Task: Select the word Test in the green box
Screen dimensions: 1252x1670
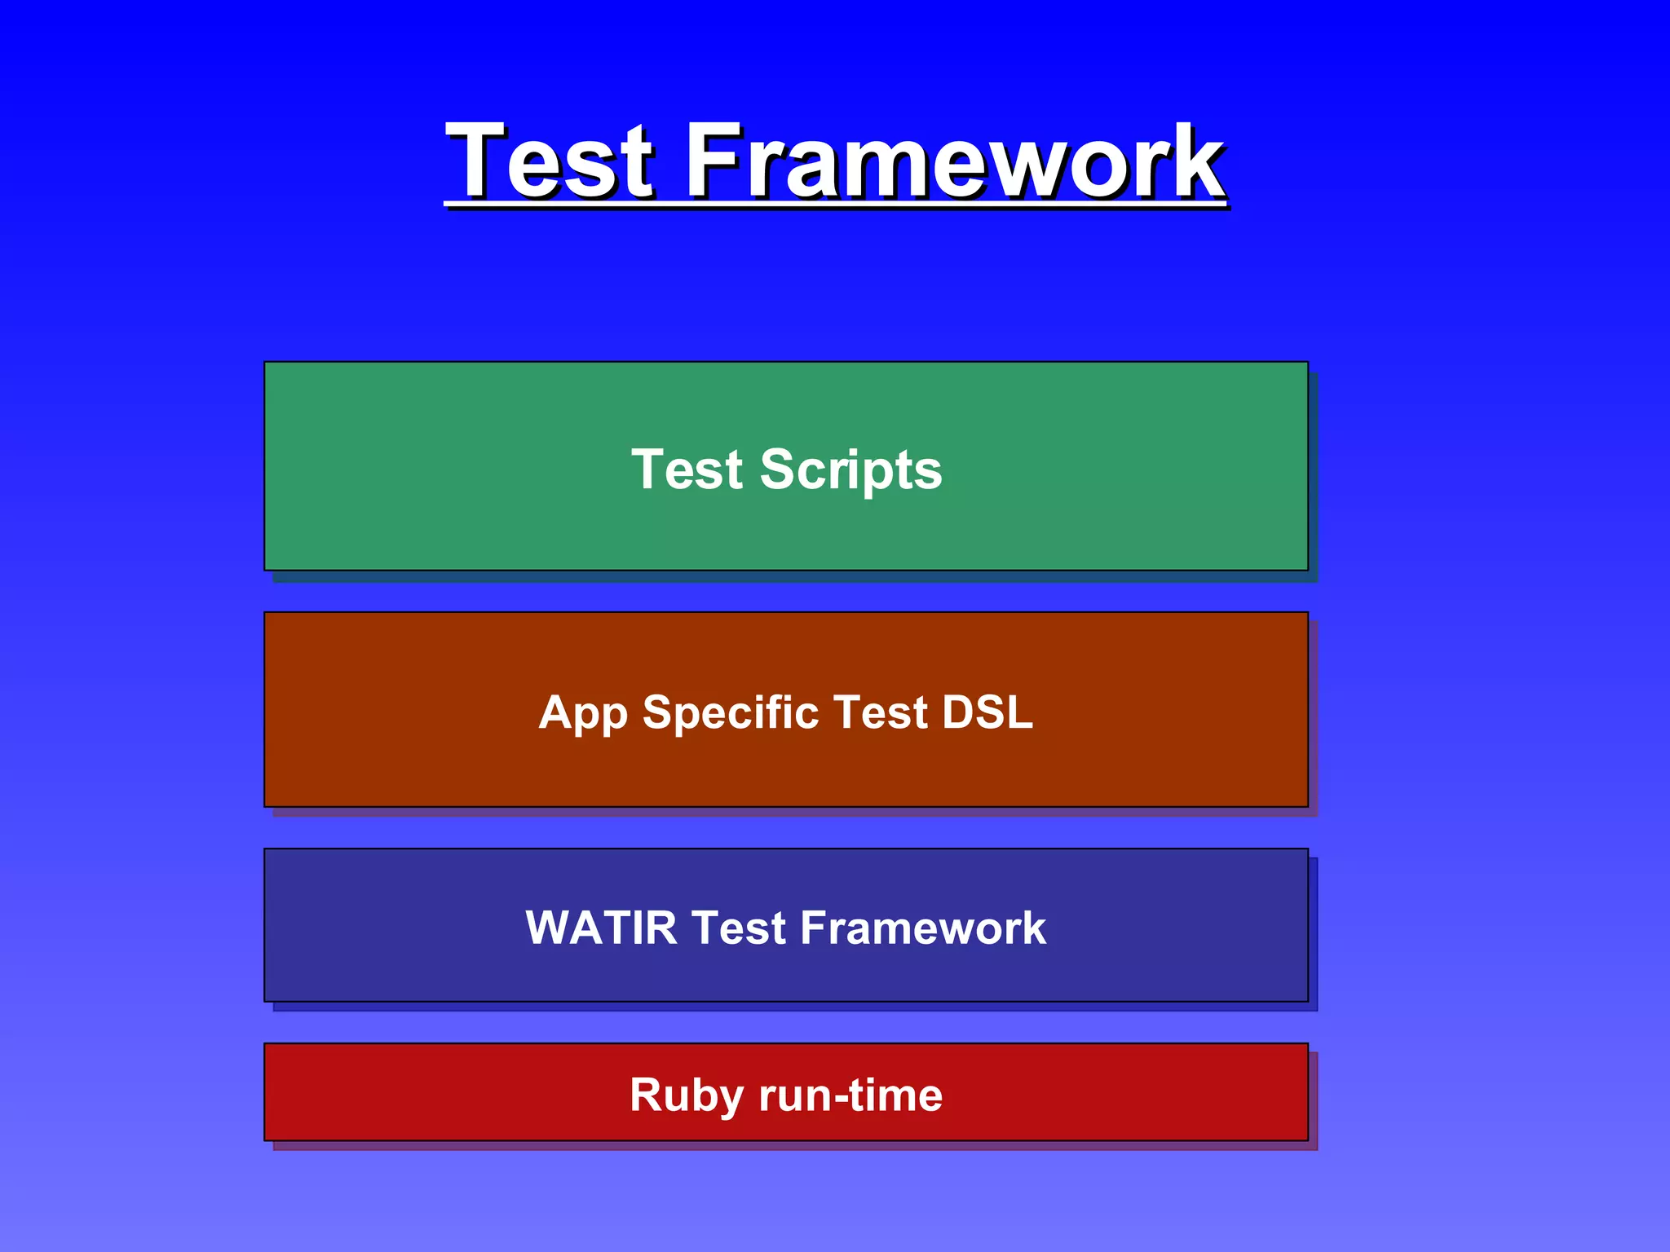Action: (x=687, y=470)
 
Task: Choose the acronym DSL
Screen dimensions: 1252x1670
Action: (x=987, y=712)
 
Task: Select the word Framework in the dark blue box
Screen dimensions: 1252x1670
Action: (x=922, y=928)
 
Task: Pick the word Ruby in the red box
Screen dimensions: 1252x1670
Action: (x=686, y=1095)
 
